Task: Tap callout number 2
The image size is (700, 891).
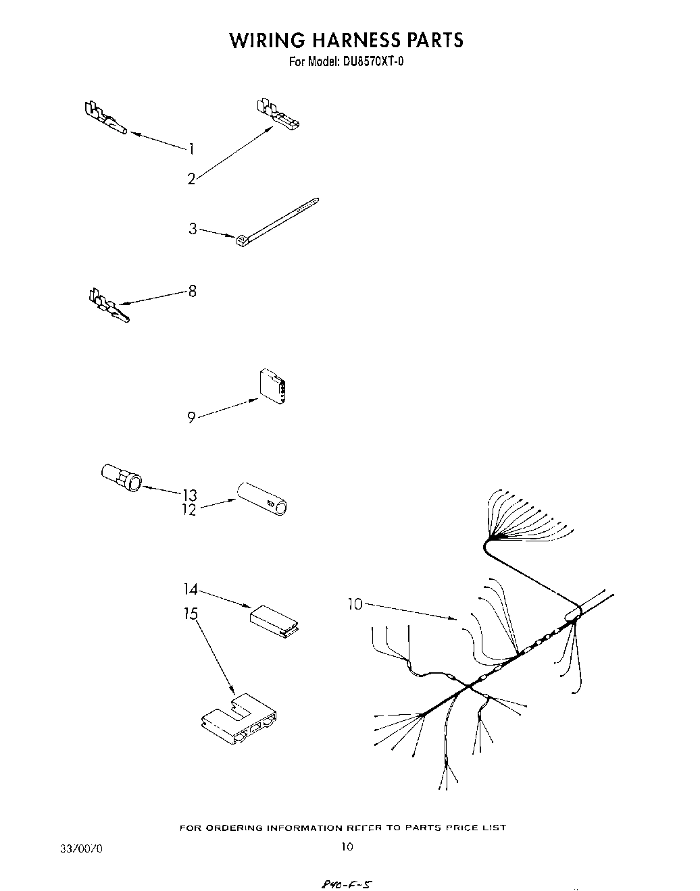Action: click(x=191, y=179)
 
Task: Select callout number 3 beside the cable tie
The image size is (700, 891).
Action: click(x=193, y=230)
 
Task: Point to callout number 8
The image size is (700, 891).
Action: click(x=193, y=292)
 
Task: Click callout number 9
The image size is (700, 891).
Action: click(x=192, y=418)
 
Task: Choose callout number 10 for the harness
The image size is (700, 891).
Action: click(x=355, y=605)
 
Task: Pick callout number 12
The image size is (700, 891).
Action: click(x=189, y=510)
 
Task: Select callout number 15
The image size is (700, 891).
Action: click(x=191, y=614)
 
